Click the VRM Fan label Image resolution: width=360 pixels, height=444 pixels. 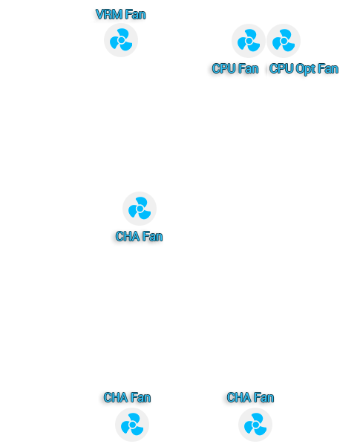point(120,14)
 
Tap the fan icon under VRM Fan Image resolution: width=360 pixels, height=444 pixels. point(121,40)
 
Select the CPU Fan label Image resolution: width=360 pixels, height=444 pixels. point(235,68)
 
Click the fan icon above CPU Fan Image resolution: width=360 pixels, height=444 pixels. point(249,41)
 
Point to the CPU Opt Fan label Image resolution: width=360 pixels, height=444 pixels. point(304,69)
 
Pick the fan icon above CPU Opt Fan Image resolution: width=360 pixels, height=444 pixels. point(284,41)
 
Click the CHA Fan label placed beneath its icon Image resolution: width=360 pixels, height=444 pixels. point(139,236)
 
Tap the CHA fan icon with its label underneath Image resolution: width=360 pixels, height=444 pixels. point(140,209)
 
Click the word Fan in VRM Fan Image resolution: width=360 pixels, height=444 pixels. point(135,14)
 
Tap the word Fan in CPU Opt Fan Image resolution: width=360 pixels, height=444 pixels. point(328,68)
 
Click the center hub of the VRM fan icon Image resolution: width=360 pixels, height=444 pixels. point(121,40)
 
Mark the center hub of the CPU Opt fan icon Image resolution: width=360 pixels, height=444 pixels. point(284,41)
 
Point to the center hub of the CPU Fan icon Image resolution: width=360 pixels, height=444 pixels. point(249,41)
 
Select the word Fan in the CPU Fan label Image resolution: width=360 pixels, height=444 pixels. point(249,68)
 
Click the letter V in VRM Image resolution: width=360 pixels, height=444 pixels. point(99,14)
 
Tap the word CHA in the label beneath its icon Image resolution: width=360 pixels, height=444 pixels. point(128,236)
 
